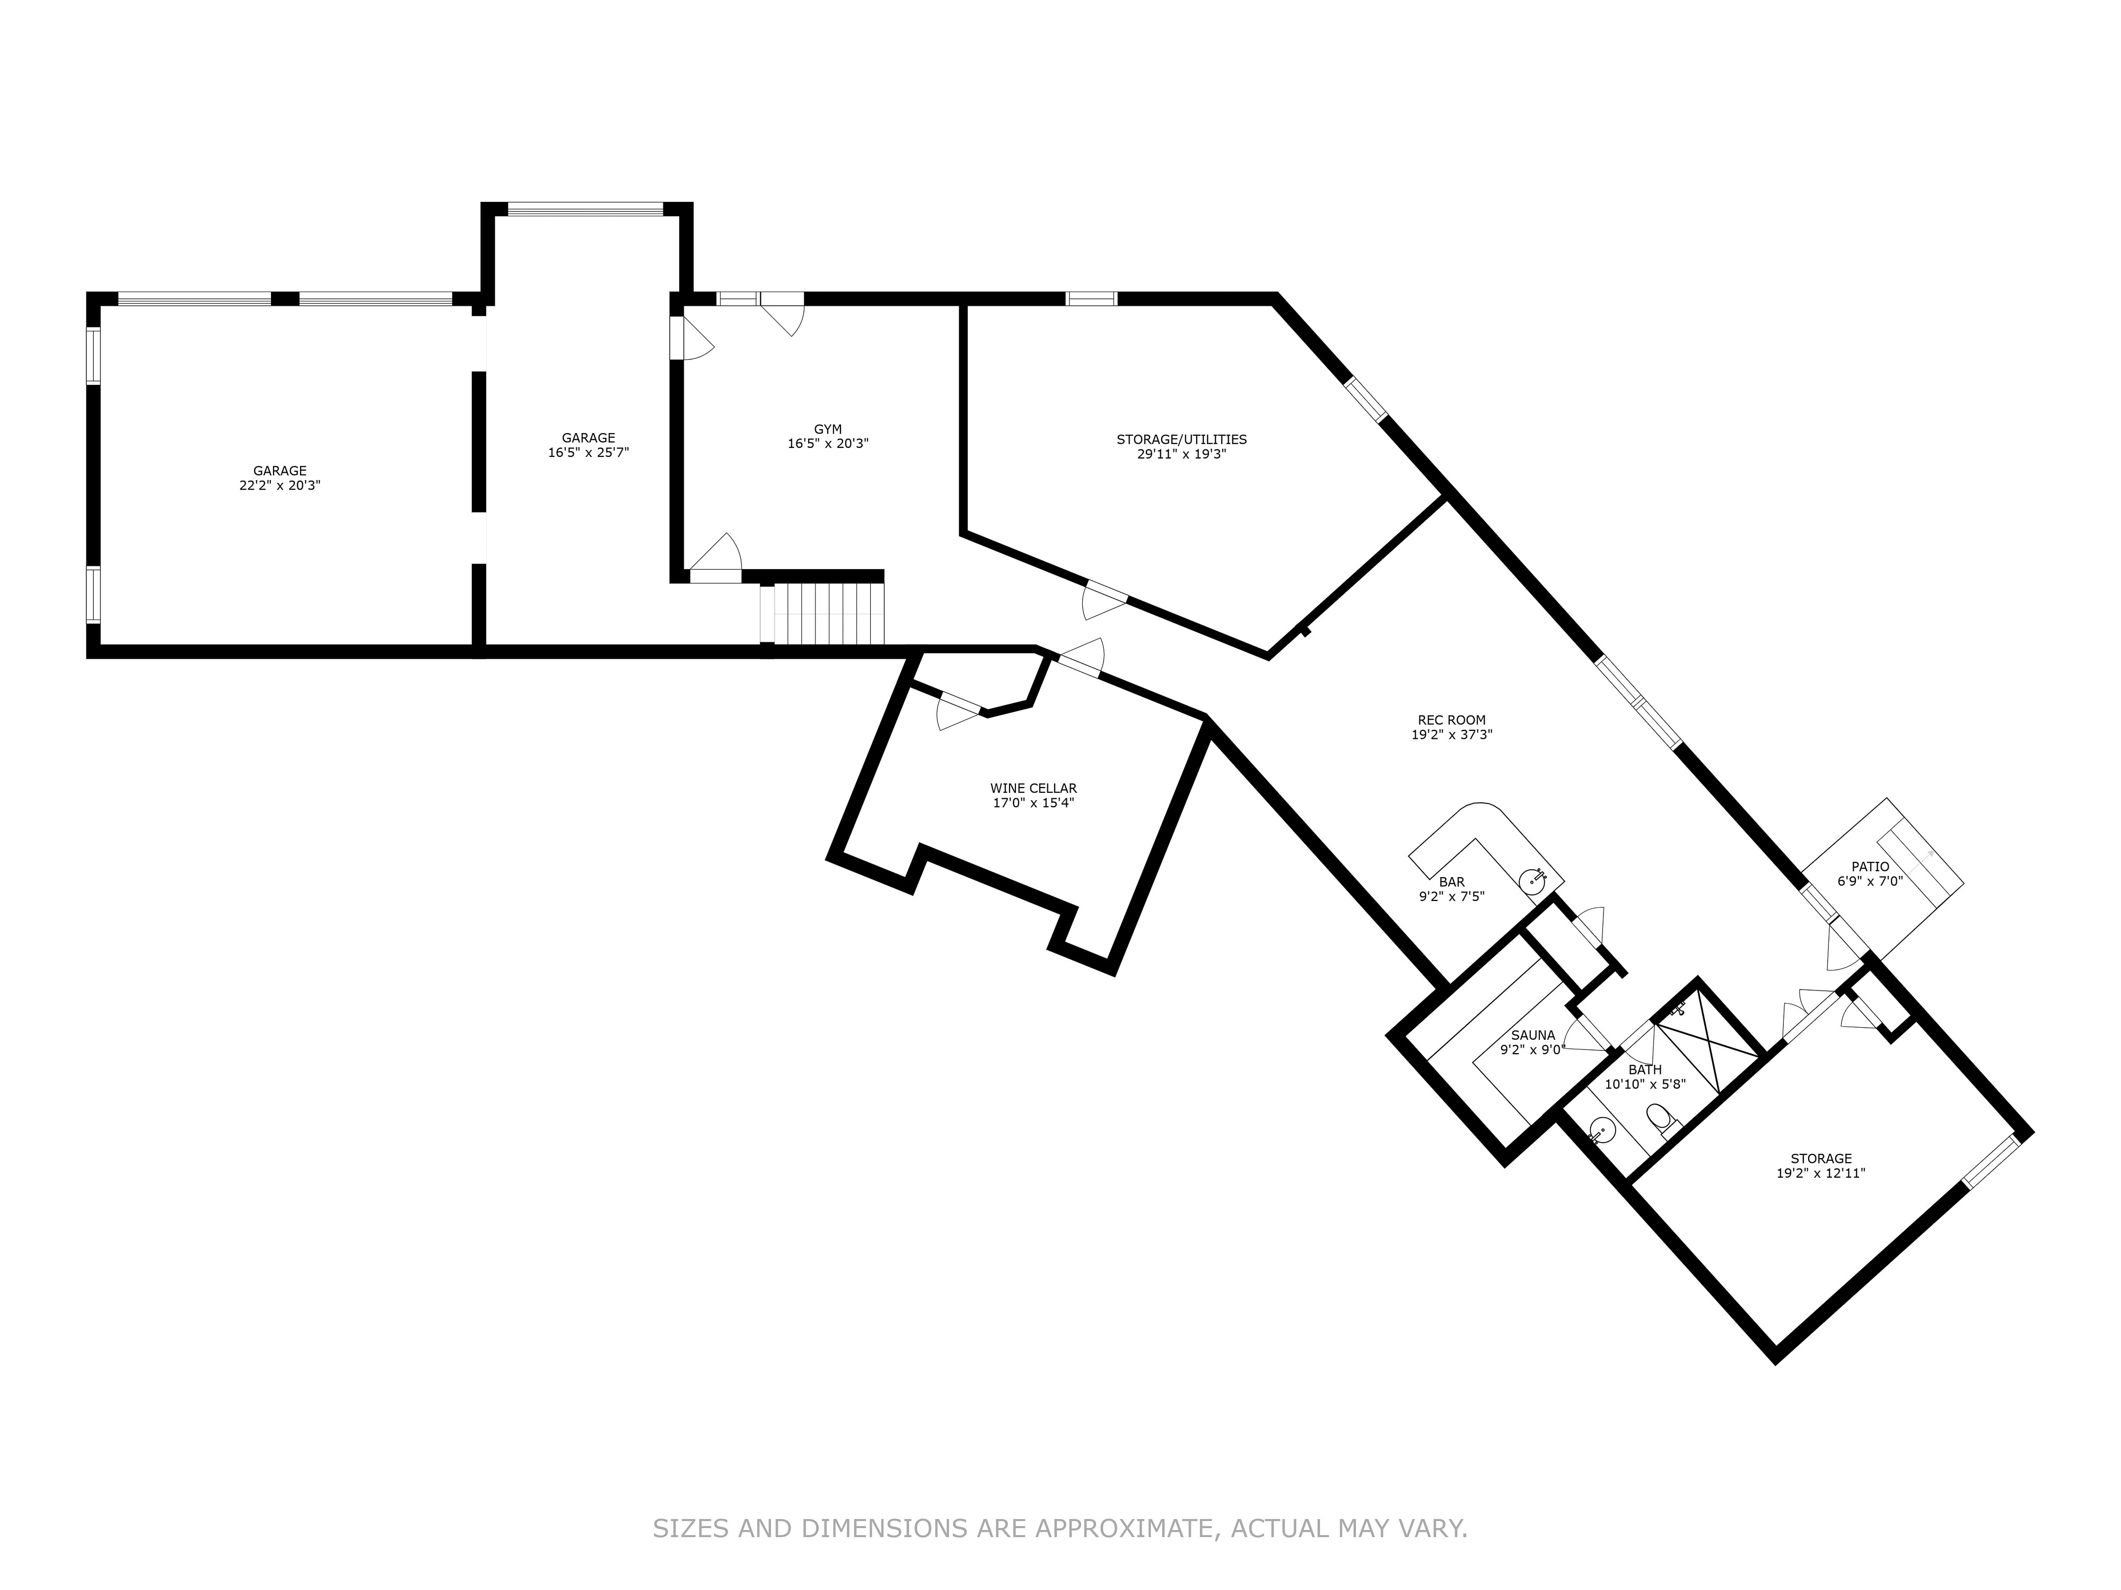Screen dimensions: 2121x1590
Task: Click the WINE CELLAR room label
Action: point(1033,788)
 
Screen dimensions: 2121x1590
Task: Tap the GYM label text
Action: point(828,429)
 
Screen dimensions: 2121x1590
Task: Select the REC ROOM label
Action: point(1451,720)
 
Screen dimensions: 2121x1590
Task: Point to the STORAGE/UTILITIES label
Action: point(1181,439)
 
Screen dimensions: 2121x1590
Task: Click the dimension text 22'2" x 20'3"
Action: point(280,485)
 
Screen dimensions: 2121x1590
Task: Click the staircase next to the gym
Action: point(828,614)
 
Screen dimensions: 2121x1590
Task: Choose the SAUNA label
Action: point(1532,1035)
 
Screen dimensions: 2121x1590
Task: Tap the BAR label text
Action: point(1452,882)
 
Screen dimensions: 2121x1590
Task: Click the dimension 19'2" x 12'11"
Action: point(1821,1172)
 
